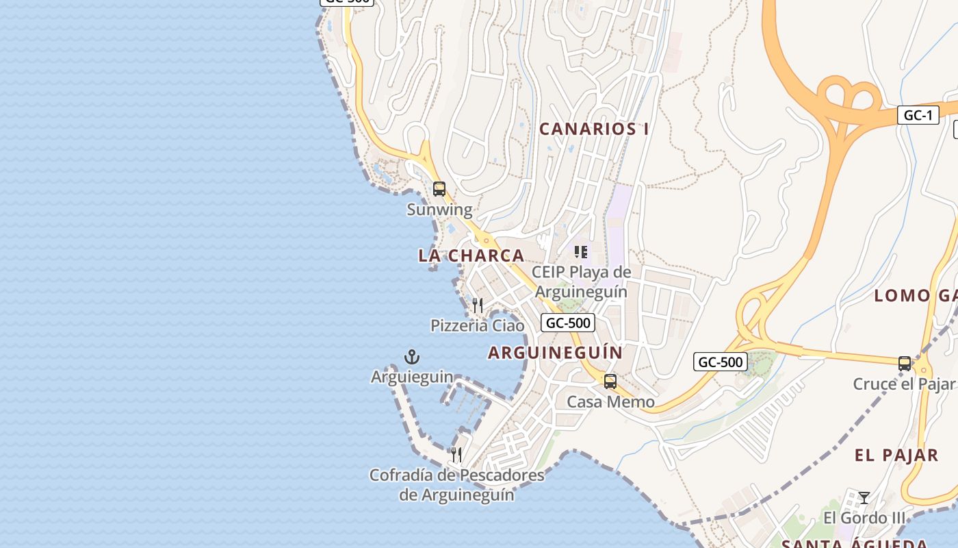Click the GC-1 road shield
click(918, 115)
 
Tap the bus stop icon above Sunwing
click(439, 188)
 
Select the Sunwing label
click(439, 210)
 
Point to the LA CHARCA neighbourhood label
click(471, 256)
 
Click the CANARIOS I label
click(594, 129)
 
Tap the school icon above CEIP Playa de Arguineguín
click(581, 252)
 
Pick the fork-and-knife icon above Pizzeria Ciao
click(478, 305)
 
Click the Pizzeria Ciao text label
click(478, 325)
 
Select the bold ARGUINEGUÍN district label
click(556, 353)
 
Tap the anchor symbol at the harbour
click(412, 356)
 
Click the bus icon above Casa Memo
click(610, 381)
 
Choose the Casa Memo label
click(610, 402)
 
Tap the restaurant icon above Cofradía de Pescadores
click(456, 453)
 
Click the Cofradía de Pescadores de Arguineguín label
click(456, 484)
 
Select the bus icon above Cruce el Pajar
click(905, 363)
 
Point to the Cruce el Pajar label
click(903, 384)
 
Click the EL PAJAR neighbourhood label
click(896, 456)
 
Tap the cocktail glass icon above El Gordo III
click(864, 497)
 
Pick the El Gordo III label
click(864, 518)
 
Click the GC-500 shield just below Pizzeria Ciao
click(567, 323)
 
